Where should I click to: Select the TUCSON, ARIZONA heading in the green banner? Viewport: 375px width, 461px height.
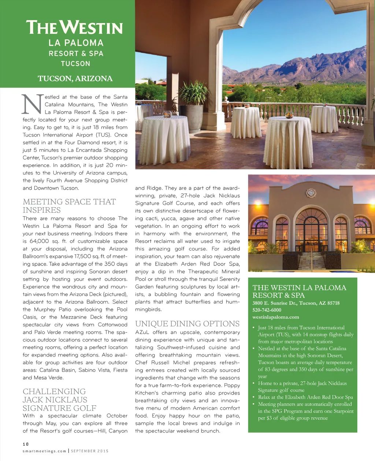pos(75,78)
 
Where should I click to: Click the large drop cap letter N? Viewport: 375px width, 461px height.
pos(32,104)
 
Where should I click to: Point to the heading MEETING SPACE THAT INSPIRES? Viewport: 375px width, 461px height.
pos(69,206)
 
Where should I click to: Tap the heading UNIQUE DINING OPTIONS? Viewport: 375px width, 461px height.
pos(187,323)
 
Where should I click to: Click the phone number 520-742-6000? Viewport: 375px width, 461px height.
pos(267,310)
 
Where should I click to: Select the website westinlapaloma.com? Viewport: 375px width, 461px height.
pos(275,317)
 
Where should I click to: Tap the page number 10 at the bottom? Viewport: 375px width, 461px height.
pos(26,444)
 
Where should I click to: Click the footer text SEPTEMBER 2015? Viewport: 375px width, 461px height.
pos(90,451)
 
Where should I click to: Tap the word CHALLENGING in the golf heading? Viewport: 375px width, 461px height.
pos(54,391)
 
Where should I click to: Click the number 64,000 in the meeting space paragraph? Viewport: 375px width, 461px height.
pos(39,241)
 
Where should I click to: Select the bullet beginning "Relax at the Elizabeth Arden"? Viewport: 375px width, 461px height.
pos(305,397)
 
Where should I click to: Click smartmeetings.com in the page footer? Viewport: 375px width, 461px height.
pos(44,451)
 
